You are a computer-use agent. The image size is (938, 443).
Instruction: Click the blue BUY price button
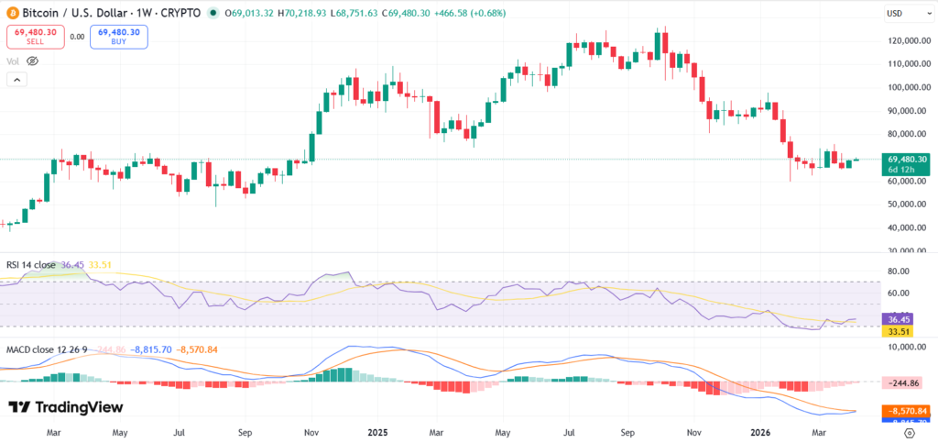click(118, 37)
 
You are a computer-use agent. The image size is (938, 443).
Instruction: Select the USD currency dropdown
click(902, 14)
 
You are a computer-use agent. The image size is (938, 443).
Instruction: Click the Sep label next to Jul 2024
click(245, 429)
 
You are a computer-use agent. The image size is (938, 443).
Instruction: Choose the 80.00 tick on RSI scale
click(898, 271)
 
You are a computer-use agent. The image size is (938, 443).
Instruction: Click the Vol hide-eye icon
click(32, 61)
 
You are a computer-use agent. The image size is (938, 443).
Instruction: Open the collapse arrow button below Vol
click(16, 80)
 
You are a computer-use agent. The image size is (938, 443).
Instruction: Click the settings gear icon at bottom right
click(910, 430)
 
